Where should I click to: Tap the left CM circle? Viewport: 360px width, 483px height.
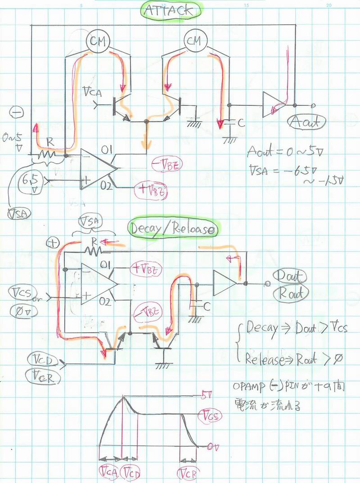tap(98, 41)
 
